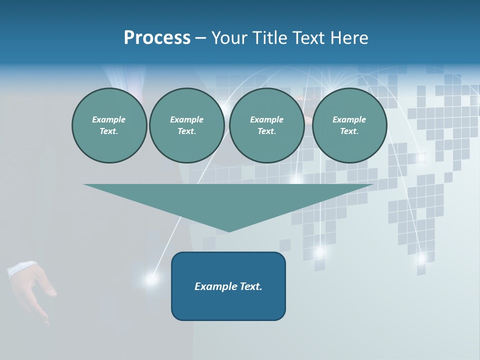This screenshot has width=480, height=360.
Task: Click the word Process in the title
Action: click(157, 38)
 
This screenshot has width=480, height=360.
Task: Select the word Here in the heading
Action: click(350, 38)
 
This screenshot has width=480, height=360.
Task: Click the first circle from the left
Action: click(109, 125)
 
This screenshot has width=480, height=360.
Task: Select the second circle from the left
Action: click(186, 125)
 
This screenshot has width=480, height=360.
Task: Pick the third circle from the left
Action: click(266, 125)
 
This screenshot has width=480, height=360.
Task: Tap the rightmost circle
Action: click(349, 125)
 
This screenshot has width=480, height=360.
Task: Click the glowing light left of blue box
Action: click(151, 279)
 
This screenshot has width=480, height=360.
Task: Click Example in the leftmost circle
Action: click(109, 119)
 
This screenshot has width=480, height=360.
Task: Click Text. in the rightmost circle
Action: click(349, 131)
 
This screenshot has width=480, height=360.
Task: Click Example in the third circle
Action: click(266, 119)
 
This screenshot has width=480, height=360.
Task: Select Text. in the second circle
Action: click(186, 131)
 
